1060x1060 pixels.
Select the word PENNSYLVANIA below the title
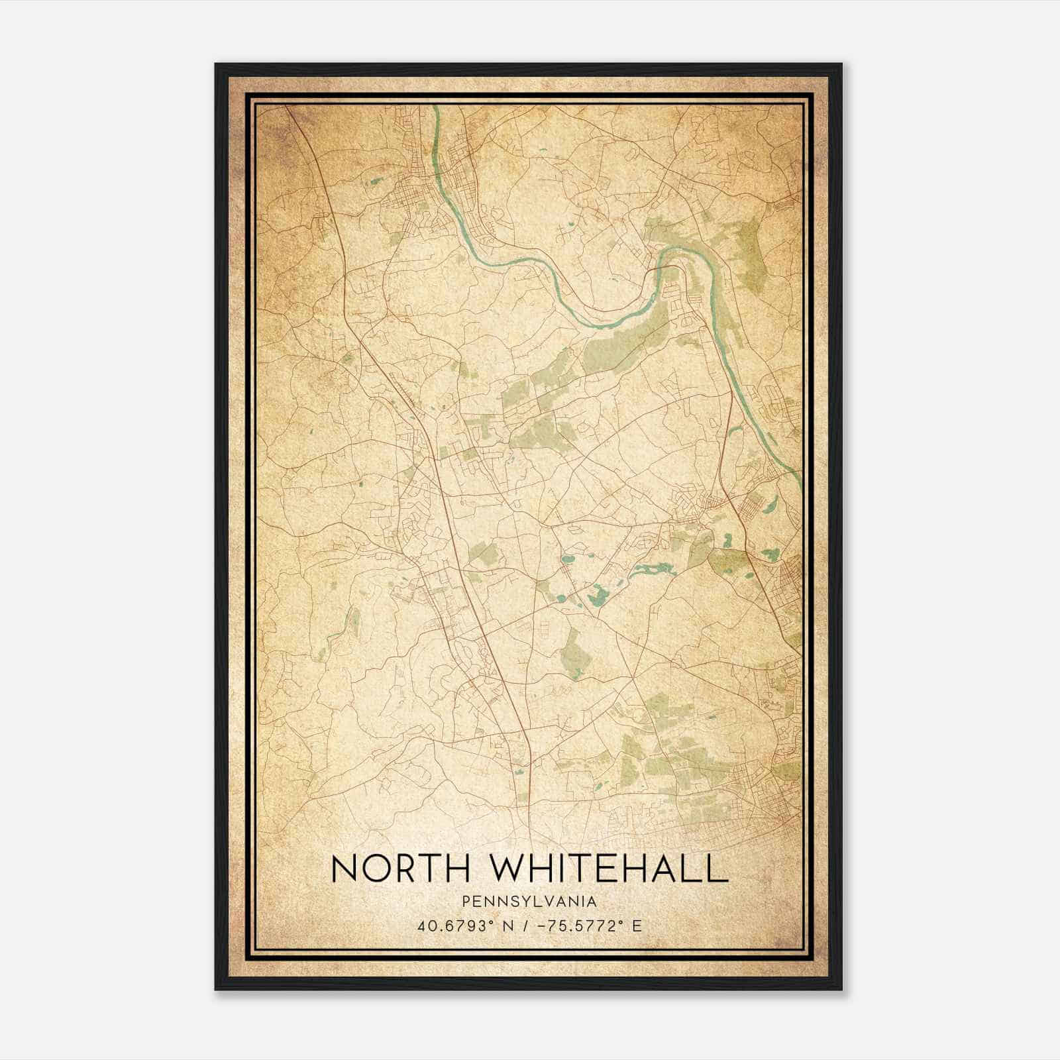click(x=529, y=902)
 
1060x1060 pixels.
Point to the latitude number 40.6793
click(x=449, y=926)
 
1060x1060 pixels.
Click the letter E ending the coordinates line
click(x=637, y=926)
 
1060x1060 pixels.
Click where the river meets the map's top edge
click(x=437, y=106)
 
